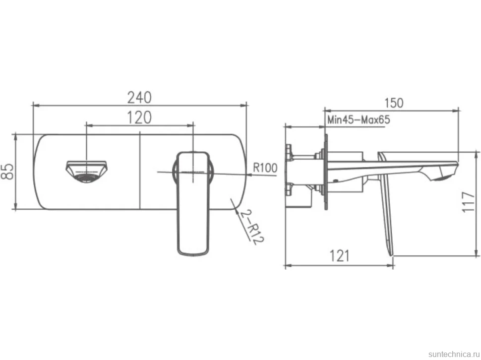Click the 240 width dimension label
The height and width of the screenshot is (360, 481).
[x=139, y=97]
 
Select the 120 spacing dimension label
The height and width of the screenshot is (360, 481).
[x=139, y=118]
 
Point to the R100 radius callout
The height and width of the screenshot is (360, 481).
[x=265, y=168]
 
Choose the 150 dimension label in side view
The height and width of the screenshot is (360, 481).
[x=394, y=103]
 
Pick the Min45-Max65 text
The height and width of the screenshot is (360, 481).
[x=359, y=120]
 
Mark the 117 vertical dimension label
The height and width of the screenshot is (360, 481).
[x=469, y=202]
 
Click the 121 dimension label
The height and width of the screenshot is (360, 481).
[x=339, y=256]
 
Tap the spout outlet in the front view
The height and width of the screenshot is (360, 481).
[x=87, y=172]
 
